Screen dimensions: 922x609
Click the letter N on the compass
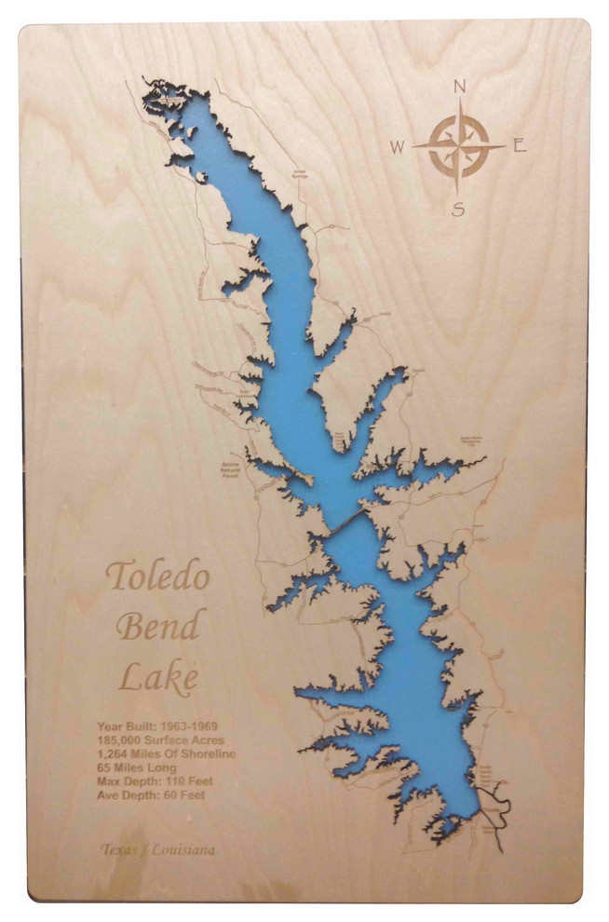click(x=458, y=88)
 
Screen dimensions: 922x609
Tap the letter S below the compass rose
click(x=458, y=210)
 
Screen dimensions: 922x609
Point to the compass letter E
click(x=520, y=145)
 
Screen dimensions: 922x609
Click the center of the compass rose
click(x=458, y=146)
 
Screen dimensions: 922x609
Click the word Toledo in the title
click(x=157, y=577)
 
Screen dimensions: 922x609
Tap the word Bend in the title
click(x=157, y=626)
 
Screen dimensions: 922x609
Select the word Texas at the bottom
click(x=118, y=849)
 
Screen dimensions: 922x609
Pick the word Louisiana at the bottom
click(x=183, y=849)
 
